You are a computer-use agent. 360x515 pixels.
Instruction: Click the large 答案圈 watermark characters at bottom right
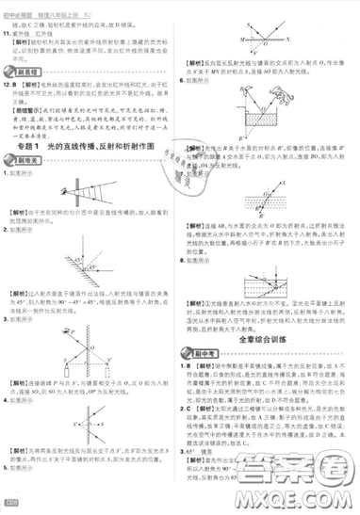pyautogui.click(x=297, y=470)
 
